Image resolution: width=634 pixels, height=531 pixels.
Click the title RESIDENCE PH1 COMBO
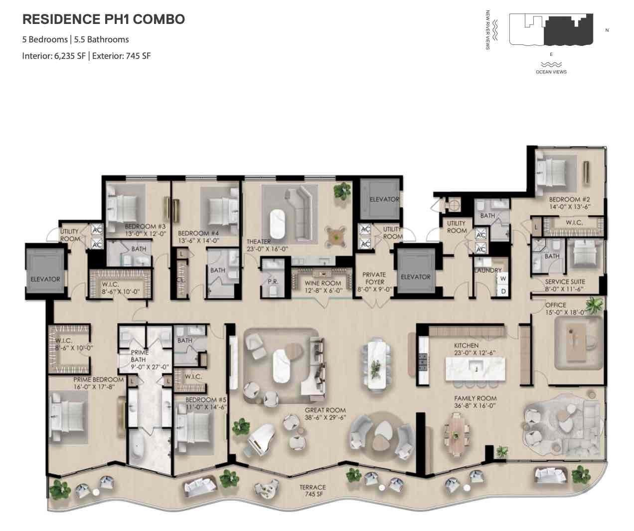point(104,19)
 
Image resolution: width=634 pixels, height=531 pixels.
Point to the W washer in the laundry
point(503,278)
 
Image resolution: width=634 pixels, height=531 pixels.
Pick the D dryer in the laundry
point(503,290)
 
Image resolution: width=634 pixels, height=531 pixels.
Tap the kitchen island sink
point(476,368)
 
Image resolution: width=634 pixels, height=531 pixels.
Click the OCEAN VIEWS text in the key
point(551,72)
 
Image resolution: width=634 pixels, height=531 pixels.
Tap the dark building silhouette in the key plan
point(568,31)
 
